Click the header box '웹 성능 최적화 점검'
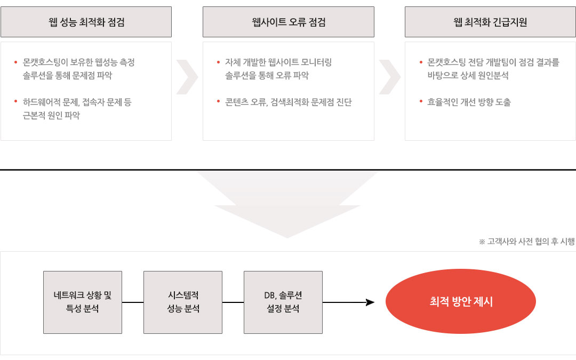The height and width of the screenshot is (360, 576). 86,22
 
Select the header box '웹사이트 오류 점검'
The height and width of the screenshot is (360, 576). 289,22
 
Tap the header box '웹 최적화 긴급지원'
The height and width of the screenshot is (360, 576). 490,22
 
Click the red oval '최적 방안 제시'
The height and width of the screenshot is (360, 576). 461,301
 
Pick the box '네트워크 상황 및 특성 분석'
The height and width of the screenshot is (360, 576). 83,302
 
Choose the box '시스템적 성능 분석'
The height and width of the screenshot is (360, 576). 183,302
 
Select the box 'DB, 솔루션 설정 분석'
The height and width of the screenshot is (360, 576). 283,302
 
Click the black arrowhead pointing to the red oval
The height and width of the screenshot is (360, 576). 370,302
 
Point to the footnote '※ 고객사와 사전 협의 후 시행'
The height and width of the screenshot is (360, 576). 527,242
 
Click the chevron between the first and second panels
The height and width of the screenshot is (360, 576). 187,77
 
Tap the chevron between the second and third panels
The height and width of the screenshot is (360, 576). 390,77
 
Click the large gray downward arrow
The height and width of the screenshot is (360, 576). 287,204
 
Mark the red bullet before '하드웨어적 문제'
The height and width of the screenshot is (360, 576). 16,101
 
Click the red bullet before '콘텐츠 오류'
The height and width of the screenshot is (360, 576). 218,101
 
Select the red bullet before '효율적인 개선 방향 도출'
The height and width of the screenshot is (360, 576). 421,101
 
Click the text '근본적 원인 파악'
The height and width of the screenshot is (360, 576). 51,115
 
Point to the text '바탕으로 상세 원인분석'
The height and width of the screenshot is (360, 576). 468,76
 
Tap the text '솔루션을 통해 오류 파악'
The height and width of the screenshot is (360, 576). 267,76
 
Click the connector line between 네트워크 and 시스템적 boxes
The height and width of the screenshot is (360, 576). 133,302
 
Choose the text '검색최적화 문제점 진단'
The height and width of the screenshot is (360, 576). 311,102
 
